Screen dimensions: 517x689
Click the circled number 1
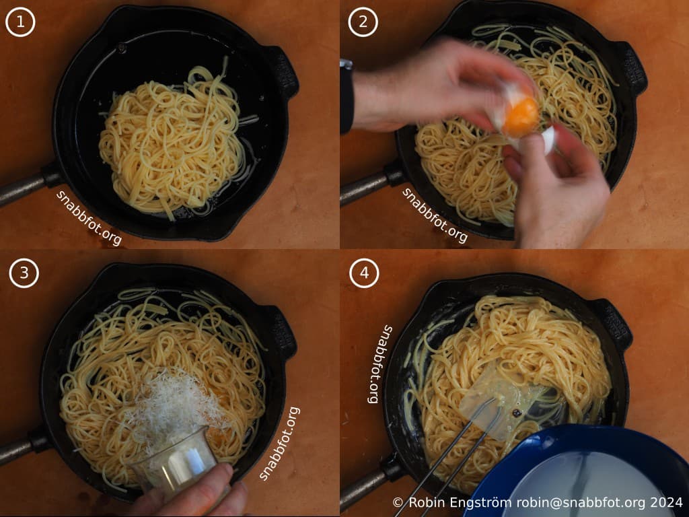coord(20,23)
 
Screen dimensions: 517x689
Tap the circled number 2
coord(363,23)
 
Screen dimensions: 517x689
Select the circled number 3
coord(24,273)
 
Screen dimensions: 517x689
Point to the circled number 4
coord(364,273)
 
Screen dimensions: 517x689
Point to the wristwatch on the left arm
coord(346,94)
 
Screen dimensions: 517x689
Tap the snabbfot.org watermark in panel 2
coord(435,215)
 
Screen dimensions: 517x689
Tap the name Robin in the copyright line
coord(425,503)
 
